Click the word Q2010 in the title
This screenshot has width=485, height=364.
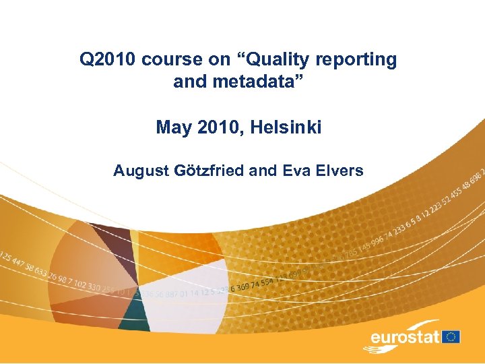click(108, 59)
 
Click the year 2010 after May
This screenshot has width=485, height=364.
click(216, 127)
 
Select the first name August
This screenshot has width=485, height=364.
click(139, 171)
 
